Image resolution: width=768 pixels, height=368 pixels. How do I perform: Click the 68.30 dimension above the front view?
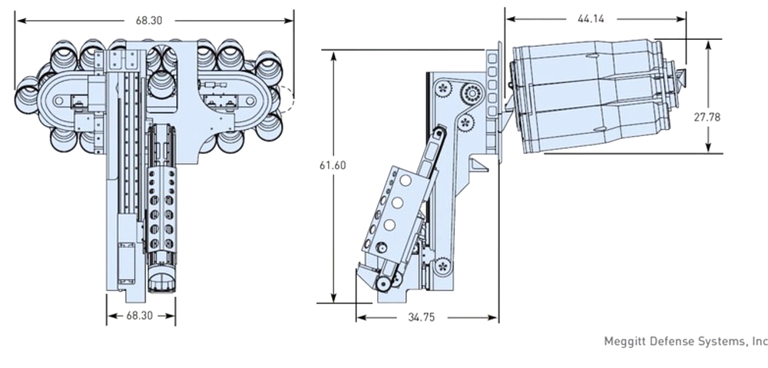(x=149, y=21)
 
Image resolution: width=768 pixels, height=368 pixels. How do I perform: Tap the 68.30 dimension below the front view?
(x=141, y=315)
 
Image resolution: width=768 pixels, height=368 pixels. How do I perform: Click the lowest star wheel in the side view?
(x=442, y=267)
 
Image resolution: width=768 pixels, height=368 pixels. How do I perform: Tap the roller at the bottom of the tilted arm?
(x=382, y=285)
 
